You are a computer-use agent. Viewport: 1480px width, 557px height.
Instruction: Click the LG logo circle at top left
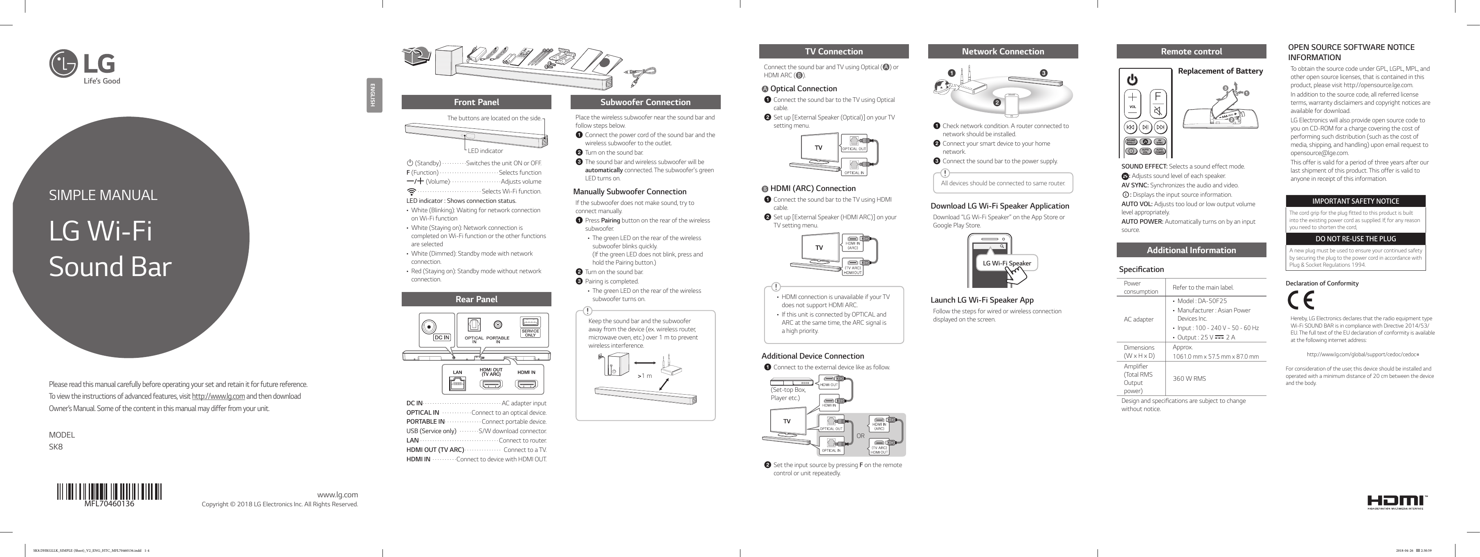pyautogui.click(x=63, y=64)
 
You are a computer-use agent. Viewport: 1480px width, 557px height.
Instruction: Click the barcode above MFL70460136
pyautogui.click(x=109, y=492)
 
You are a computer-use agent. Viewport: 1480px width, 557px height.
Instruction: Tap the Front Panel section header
pyautogui.click(x=476, y=102)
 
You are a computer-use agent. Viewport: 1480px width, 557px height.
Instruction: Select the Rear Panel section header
pyautogui.click(x=476, y=299)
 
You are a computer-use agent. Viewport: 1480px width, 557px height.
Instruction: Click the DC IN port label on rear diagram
pyautogui.click(x=441, y=338)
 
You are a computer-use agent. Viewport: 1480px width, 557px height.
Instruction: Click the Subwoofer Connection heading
pyautogui.click(x=645, y=102)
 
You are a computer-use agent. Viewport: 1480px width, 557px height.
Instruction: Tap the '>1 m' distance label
pyautogui.click(x=645, y=376)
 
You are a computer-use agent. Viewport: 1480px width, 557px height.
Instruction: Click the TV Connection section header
pyautogui.click(x=833, y=52)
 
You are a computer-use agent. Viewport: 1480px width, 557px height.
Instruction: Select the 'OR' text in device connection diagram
pyautogui.click(x=860, y=436)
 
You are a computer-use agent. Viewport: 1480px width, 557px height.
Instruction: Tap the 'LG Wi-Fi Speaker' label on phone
pyautogui.click(x=1007, y=263)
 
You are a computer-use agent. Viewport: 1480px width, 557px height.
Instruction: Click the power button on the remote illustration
pyautogui.click(x=1132, y=80)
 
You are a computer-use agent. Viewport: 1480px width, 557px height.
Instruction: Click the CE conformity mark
pyautogui.click(x=1300, y=300)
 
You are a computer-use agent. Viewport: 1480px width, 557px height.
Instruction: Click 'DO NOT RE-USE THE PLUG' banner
pyautogui.click(x=1355, y=239)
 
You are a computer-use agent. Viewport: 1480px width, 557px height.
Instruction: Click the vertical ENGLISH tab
pyautogui.click(x=373, y=95)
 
